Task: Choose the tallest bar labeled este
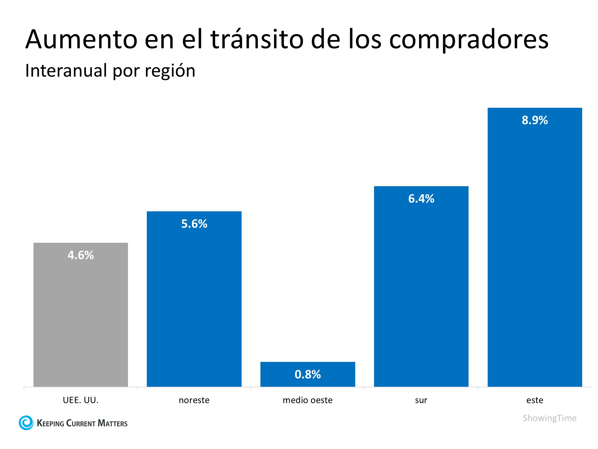coord(535,254)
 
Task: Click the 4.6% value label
coord(80,255)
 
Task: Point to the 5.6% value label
coord(194,224)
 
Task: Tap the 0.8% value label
coord(308,374)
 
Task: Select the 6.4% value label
coord(421,199)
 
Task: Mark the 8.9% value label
coord(535,120)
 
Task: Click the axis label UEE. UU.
coord(80,400)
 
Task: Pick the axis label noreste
coord(194,400)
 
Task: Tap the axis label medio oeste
coord(308,400)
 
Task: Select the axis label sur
coord(421,400)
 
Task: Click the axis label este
coord(535,400)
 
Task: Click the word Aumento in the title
coord(81,40)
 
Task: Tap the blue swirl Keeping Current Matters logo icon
coord(26,423)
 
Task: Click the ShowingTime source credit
coord(550,418)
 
